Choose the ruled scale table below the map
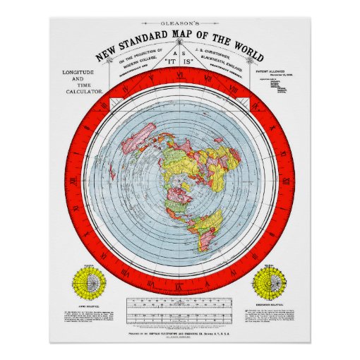pos(179,311)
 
